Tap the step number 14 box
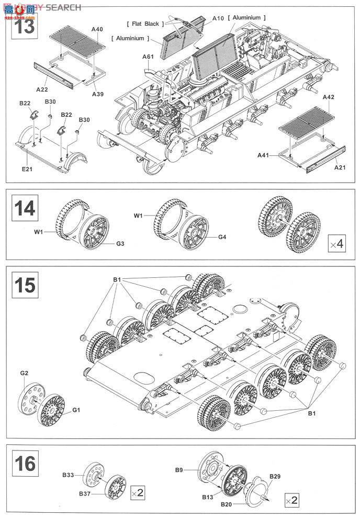coord(25,208)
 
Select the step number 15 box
coord(25,285)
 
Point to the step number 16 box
coord(25,464)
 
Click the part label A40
coord(97,29)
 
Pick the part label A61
coord(148,57)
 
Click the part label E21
coord(27,169)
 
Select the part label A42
coord(328,97)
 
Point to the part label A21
coord(340,167)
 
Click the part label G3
coord(120,243)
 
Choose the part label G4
coord(222,237)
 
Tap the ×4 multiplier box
coord(337,244)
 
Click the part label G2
coord(24,373)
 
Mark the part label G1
coord(76,410)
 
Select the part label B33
coord(68,475)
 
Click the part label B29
coord(275,476)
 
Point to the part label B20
coord(226,504)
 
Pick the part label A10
coord(218,18)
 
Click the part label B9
coord(178,469)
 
